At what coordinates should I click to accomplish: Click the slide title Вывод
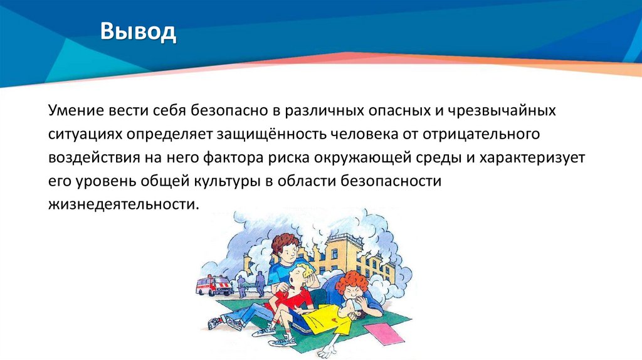pos(139,32)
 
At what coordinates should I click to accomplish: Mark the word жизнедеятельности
pos(122,204)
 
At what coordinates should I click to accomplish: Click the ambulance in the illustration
pos(213,285)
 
